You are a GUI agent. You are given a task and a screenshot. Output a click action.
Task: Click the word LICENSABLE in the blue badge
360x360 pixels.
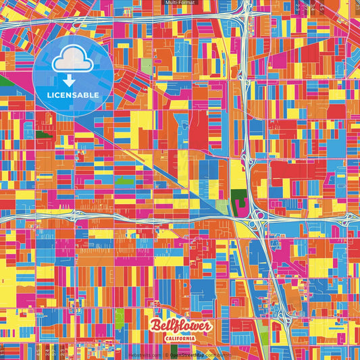tap(73, 95)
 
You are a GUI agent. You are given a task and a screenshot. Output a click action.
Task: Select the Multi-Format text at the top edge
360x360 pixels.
tap(180, 3)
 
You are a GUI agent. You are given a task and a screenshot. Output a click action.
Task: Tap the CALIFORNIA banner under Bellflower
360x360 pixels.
tap(180, 338)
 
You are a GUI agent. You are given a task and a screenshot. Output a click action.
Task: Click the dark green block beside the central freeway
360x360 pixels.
tap(238, 201)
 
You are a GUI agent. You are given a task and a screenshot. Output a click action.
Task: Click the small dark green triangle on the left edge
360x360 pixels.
tap(5, 81)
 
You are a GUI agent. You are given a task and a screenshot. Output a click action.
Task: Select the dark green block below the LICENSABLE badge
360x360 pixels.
tap(45, 133)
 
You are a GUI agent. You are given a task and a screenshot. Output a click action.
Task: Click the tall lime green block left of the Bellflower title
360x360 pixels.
tap(120, 316)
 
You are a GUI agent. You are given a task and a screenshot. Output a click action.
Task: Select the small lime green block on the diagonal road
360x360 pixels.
tap(124, 181)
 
